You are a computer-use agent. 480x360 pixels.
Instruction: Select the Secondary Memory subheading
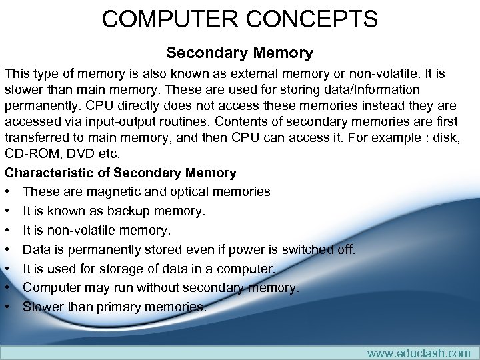coord(239,52)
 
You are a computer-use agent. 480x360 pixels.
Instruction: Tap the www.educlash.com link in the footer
coord(419,353)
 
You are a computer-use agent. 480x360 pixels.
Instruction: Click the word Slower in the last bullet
coord(43,307)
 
